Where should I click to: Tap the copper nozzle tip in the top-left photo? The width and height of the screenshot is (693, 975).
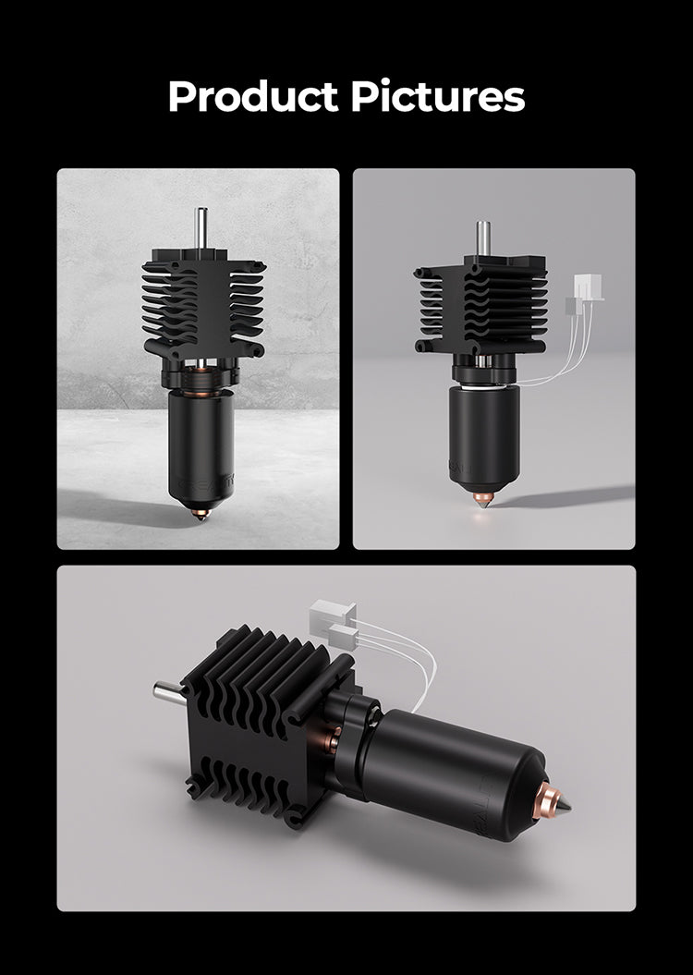(200, 510)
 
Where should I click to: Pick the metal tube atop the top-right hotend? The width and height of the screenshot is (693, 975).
(482, 238)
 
